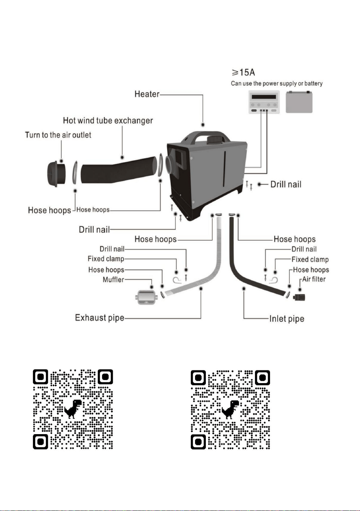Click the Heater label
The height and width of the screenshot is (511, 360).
(x=147, y=94)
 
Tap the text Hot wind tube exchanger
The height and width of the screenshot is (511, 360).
(x=108, y=121)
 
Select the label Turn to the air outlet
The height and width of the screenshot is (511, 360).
(x=58, y=135)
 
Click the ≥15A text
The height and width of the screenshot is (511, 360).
(x=243, y=72)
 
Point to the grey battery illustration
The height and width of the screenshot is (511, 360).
(x=299, y=102)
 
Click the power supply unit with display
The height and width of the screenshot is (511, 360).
(x=264, y=102)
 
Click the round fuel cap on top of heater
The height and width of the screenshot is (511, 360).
(x=214, y=139)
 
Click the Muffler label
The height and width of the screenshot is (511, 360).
(x=114, y=280)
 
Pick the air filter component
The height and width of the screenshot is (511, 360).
(x=299, y=297)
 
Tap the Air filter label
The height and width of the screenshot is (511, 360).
(x=314, y=279)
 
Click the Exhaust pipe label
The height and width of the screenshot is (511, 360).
(x=100, y=318)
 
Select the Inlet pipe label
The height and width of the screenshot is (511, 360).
(x=287, y=319)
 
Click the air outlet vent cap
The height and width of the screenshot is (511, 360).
(x=56, y=174)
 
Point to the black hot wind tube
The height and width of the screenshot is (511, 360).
(x=119, y=170)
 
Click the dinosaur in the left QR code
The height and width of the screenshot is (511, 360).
(x=73, y=409)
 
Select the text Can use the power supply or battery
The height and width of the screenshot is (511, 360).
(x=277, y=83)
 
